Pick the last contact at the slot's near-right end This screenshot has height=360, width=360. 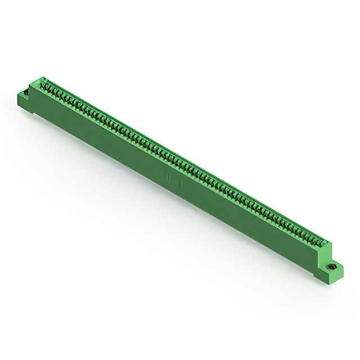pyautogui.click(x=322, y=244)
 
